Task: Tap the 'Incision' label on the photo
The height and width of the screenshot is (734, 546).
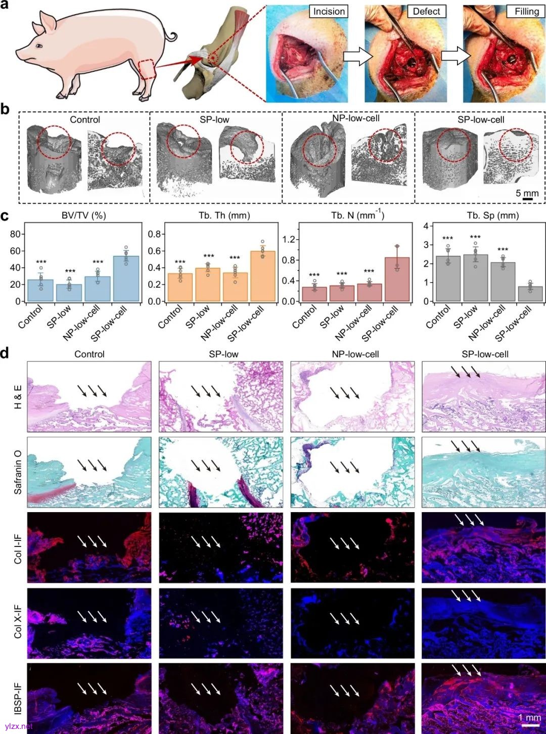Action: pos(329,11)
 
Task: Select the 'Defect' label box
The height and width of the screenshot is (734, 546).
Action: pos(426,11)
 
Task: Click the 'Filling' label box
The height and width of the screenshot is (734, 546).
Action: pos(526,11)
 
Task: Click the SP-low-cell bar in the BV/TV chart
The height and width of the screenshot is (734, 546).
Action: pos(126,279)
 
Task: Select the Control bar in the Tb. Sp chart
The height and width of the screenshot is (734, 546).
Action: pos(448,279)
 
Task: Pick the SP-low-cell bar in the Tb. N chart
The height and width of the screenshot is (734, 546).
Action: pos(397,280)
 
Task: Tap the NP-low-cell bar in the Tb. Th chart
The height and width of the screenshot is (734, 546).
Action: pos(235,287)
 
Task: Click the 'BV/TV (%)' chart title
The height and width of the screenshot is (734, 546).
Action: pos(84,216)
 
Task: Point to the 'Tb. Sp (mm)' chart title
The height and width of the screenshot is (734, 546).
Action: pos(493,216)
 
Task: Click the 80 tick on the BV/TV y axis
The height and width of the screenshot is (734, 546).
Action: pos(15,234)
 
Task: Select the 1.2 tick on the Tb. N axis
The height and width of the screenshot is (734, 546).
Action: pos(288,240)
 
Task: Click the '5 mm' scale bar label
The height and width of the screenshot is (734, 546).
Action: pos(527,194)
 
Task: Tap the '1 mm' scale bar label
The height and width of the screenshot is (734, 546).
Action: pos(529,718)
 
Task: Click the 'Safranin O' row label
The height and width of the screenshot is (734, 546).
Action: pos(18,473)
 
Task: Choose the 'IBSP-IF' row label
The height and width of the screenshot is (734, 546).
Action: pos(18,699)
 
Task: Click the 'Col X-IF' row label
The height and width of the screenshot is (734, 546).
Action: pos(18,622)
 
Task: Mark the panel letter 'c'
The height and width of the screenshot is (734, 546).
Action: pos(5,216)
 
